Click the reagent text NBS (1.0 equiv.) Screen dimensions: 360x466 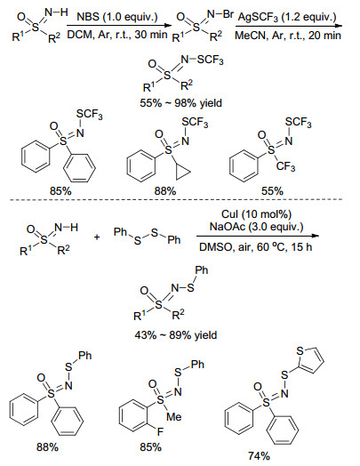coord(117,17)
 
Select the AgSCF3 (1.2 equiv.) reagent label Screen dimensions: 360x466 coord(287,17)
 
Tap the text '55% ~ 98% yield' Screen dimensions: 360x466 coord(181,103)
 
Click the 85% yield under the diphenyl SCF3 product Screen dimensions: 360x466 coord(60,191)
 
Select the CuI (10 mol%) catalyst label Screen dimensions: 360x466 coord(256,214)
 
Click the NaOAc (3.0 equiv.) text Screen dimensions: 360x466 coord(256,227)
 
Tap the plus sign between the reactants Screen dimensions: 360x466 coord(97,237)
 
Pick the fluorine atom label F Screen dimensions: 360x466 coord(160,431)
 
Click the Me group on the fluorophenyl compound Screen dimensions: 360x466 coord(173,416)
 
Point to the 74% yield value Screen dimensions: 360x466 coord(259,455)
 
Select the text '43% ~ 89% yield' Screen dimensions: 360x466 coord(176,335)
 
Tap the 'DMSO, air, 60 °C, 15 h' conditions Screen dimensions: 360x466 coord(255,246)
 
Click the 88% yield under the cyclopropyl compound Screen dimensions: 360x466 coord(165,191)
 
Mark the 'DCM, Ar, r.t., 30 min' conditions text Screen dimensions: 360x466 coord(117,35)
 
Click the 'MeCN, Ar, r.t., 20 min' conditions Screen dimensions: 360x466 coord(288,36)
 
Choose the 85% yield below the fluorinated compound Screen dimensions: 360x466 coord(151,446)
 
